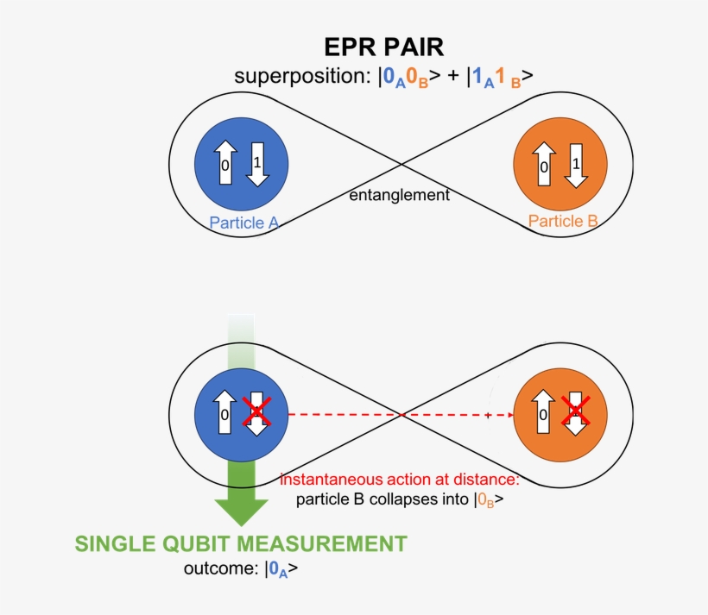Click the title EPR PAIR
point(384,47)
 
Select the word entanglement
point(399,195)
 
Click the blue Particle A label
point(243,223)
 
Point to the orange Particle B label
point(563,221)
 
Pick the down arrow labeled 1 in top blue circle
point(256,161)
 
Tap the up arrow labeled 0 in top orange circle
point(544,165)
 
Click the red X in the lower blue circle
point(256,411)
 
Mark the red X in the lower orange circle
point(575,411)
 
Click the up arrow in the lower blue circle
point(224,415)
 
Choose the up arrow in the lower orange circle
point(544,415)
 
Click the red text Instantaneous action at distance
point(399,479)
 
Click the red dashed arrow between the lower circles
point(397,415)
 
